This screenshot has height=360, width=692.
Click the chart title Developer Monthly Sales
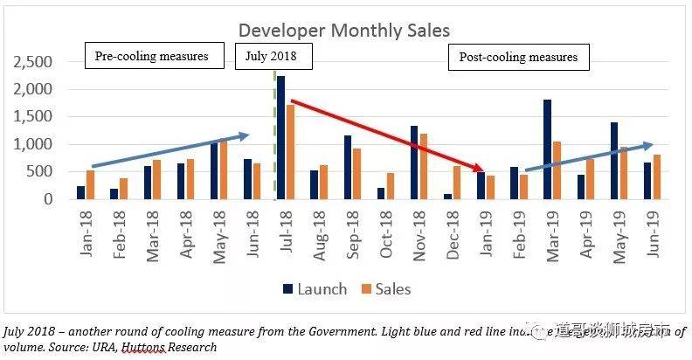pyautogui.click(x=344, y=31)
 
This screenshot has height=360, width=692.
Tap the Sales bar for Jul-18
pyautogui.click(x=290, y=152)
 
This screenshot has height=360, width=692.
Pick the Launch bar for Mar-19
pyautogui.click(x=546, y=149)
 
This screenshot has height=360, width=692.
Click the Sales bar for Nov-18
pyautogui.click(x=424, y=166)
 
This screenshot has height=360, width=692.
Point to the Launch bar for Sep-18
pyautogui.click(x=348, y=167)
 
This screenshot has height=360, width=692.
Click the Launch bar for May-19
pyautogui.click(x=614, y=161)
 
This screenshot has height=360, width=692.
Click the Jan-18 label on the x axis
pyautogui.click(x=86, y=232)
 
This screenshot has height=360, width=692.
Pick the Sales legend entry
pyautogui.click(x=384, y=288)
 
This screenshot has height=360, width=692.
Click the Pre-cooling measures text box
pyautogui.click(x=152, y=57)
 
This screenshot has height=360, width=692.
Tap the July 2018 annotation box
pyautogui.click(x=273, y=57)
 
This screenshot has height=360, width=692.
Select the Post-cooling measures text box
pyautogui.click(x=518, y=58)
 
